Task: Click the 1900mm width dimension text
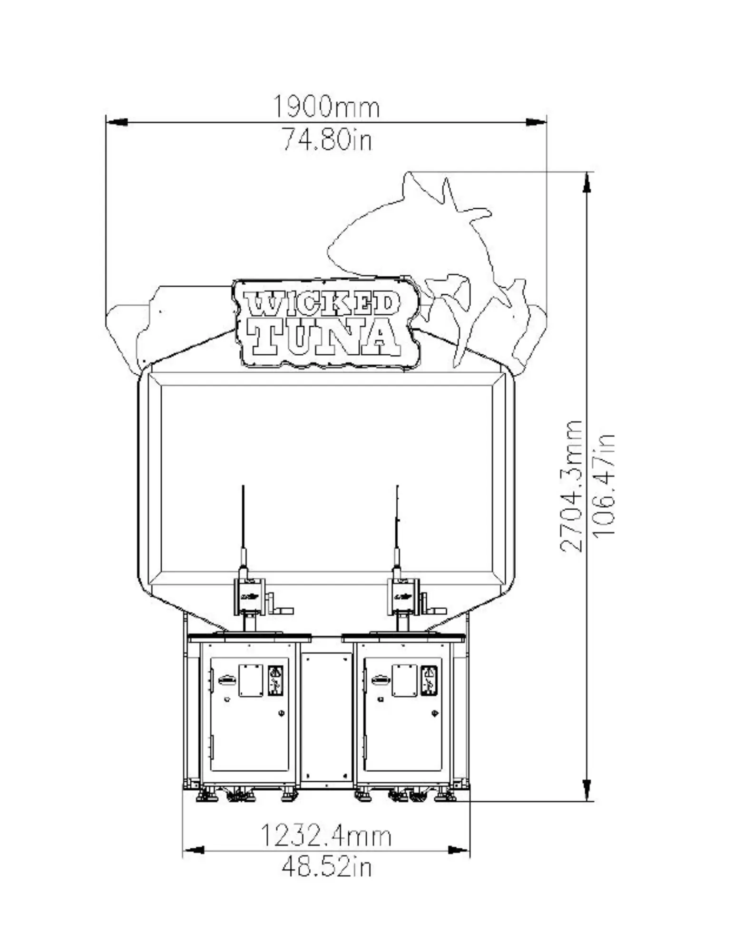[326, 107]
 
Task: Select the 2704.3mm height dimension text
[571, 485]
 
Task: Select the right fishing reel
[402, 596]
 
